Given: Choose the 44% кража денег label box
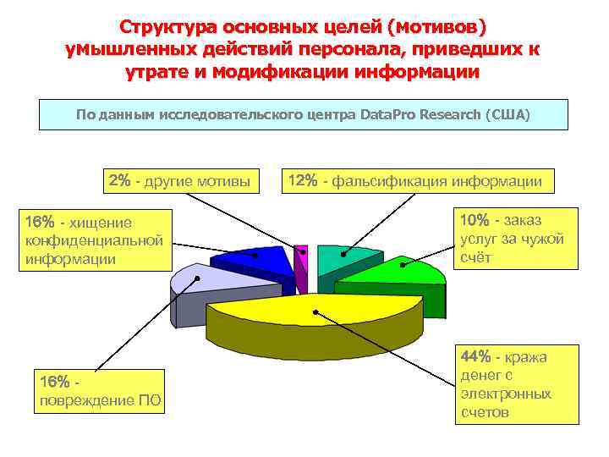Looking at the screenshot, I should [x=517, y=384].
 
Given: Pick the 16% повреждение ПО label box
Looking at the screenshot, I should [x=98, y=391].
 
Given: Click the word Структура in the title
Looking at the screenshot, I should [x=167, y=28].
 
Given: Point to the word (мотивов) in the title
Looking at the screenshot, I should [x=434, y=28].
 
